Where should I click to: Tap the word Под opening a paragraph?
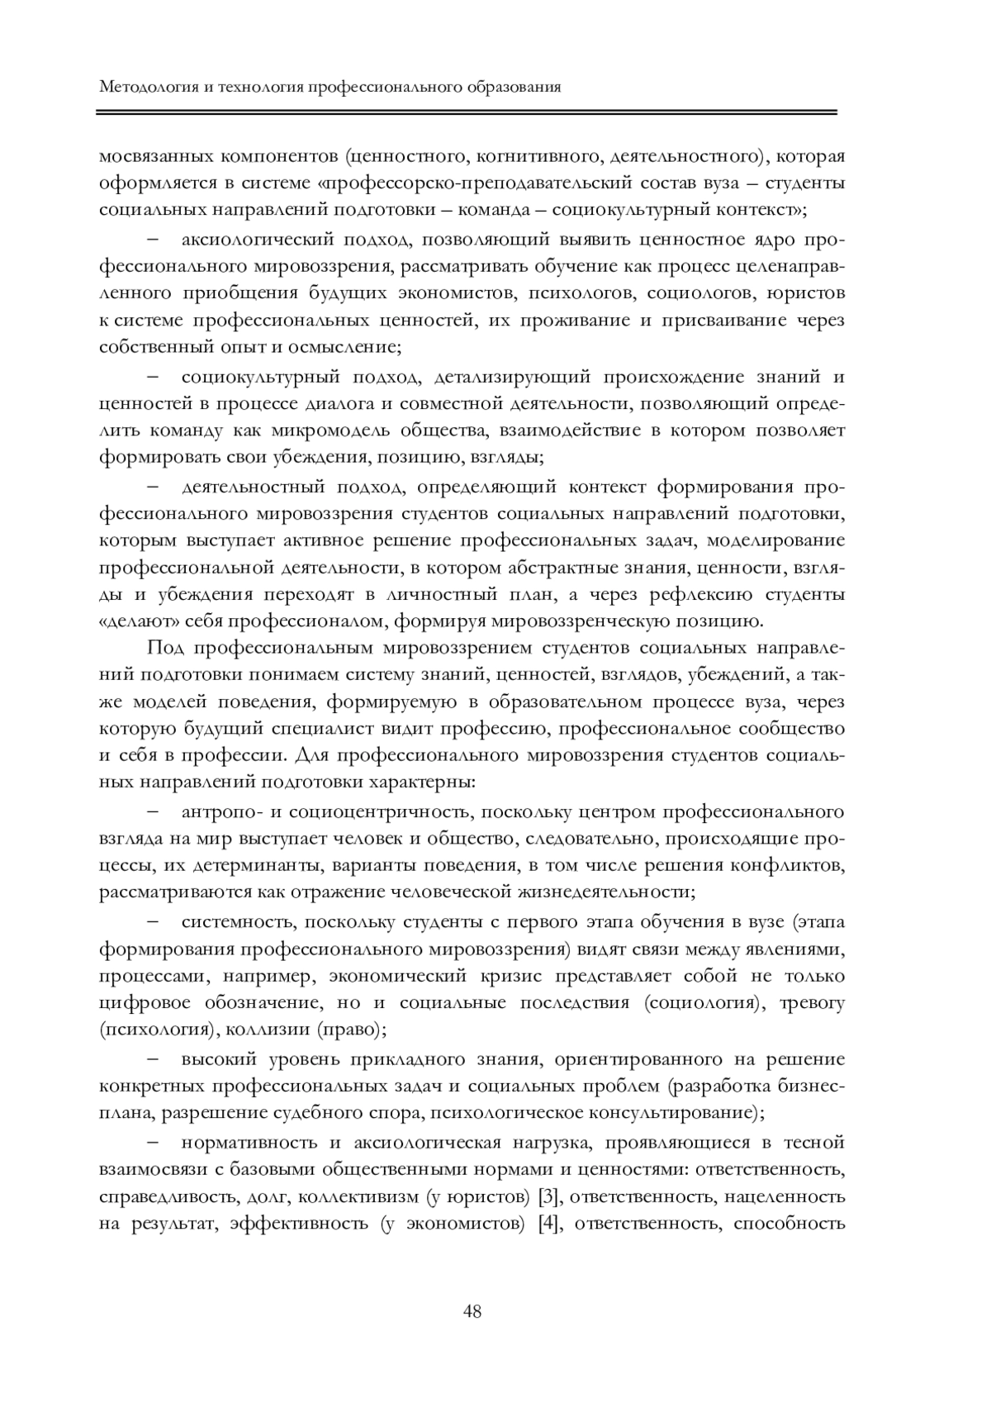[x=164, y=648]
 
